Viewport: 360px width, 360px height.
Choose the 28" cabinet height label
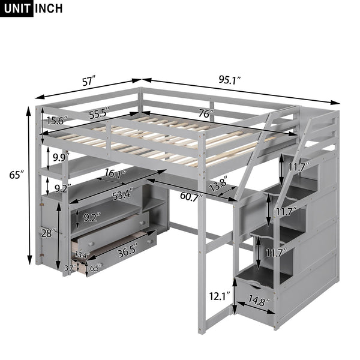point(48,232)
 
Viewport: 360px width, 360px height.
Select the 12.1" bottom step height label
point(219,295)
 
